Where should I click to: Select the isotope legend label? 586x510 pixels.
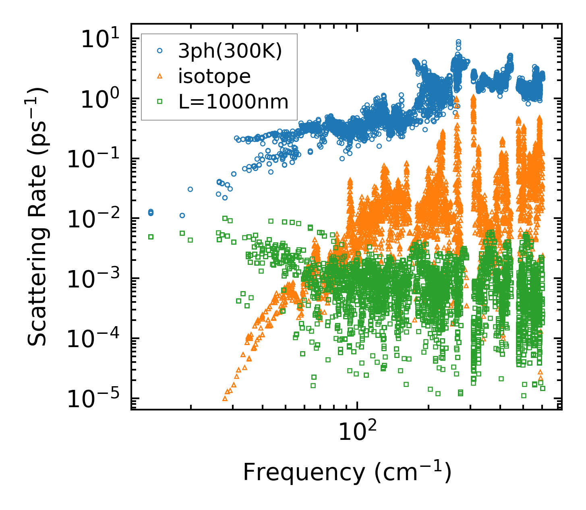coord(214,76)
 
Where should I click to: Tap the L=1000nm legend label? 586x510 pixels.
coord(233,102)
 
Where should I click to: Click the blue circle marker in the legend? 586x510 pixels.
coord(160,51)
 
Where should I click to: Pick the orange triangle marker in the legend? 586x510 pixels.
coord(160,76)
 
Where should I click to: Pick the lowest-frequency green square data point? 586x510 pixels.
coord(151,237)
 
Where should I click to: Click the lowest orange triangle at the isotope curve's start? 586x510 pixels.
coord(225,398)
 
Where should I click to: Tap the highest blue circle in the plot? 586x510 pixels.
coord(458,42)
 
